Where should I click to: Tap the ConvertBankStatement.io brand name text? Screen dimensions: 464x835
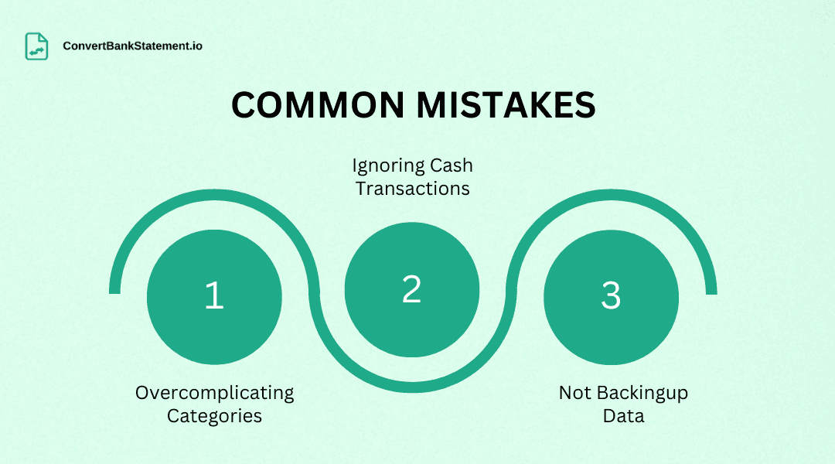tap(133, 46)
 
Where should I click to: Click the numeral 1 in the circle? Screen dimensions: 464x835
tap(214, 295)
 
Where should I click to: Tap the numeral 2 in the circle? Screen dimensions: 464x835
tap(412, 288)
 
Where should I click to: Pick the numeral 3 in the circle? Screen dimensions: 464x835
tap(611, 295)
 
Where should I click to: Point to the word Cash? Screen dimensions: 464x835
tap(452, 165)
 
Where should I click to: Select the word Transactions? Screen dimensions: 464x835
tap(413, 188)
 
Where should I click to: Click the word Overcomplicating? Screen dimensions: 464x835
tap(215, 393)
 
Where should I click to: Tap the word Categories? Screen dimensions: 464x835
tap(215, 415)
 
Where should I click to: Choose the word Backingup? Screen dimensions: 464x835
tap(640, 393)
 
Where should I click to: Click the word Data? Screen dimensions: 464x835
tap(624, 415)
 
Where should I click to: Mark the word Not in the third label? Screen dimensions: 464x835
tap(575, 392)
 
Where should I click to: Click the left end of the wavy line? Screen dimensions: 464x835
tap(114, 289)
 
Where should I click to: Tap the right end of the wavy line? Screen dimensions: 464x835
tap(711, 289)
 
